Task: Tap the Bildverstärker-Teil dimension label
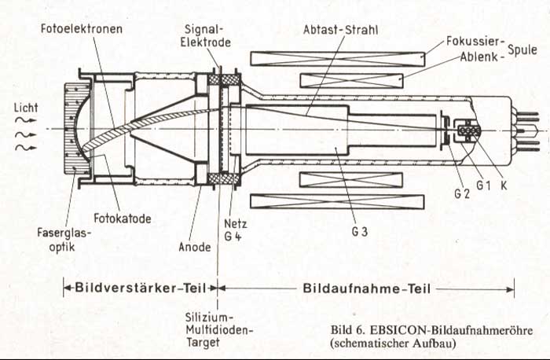[x=140, y=288]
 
